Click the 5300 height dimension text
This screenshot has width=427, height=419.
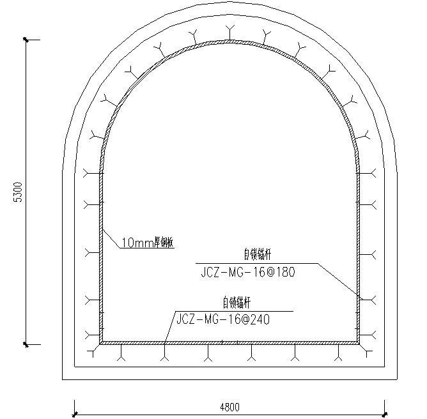[19, 192]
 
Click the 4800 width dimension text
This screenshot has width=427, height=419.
[229, 408]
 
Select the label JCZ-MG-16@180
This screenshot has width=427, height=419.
[248, 272]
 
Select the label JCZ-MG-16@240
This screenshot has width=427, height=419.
[223, 319]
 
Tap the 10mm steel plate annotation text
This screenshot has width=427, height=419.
[147, 242]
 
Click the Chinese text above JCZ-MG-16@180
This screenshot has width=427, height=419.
[258, 255]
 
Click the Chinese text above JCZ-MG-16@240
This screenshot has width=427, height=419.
[237, 303]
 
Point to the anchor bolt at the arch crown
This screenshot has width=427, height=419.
[229, 33]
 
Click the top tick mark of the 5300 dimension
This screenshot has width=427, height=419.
[26, 40]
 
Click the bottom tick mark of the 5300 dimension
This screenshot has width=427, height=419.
[26, 344]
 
